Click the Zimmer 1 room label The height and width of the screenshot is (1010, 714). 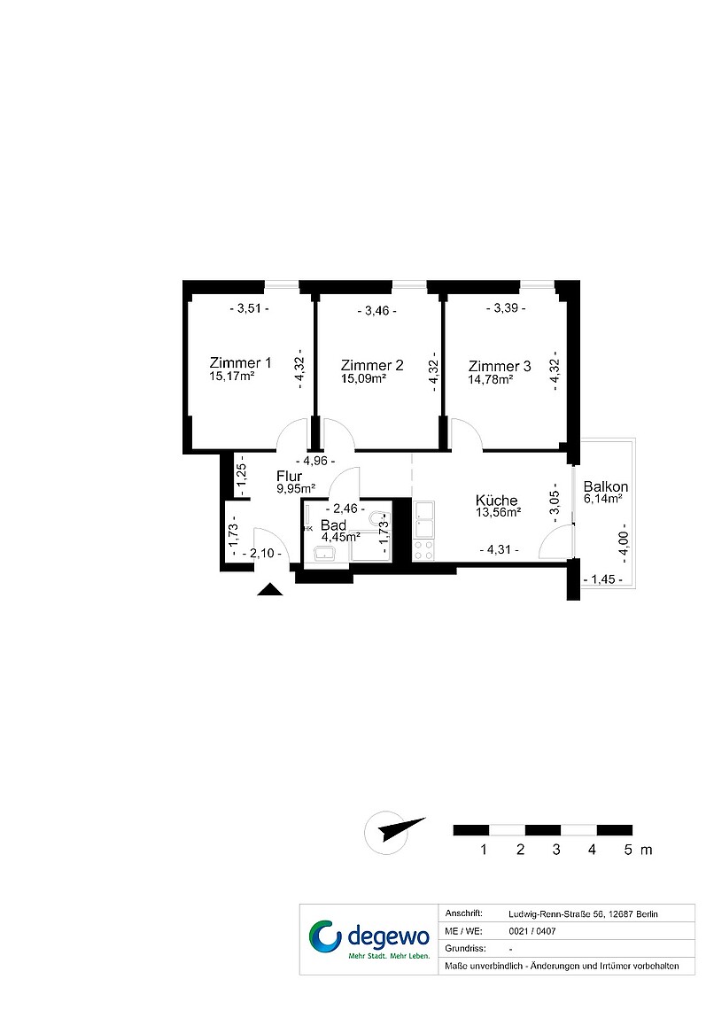[240, 362]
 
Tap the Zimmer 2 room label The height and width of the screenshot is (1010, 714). [372, 365]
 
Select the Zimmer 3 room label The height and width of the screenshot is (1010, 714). [500, 366]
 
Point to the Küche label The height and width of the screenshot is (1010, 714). [496, 500]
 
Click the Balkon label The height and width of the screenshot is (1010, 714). [605, 486]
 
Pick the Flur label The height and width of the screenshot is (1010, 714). [289, 476]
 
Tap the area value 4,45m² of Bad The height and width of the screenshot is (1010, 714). [340, 536]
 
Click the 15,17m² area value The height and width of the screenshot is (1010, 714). [232, 377]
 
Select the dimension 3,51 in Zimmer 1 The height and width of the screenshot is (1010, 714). [249, 308]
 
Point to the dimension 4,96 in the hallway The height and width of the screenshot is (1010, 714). [314, 462]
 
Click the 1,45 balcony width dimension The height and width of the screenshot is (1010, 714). [602, 579]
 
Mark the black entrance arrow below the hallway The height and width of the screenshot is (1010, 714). [270, 589]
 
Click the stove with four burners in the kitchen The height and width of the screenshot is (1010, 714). [423, 551]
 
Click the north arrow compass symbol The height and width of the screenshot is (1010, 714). [393, 832]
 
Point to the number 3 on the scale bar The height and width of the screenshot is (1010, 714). [556, 850]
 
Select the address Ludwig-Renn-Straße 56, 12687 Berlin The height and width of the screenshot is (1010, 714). [583, 914]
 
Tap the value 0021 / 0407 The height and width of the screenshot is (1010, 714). [532, 931]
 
